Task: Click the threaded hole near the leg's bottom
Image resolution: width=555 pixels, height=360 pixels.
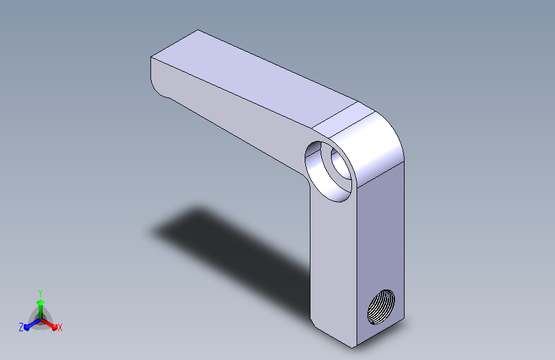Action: point(382,307)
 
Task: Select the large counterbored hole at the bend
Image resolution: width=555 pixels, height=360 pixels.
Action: point(329,172)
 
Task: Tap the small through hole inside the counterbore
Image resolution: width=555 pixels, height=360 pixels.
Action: point(341,163)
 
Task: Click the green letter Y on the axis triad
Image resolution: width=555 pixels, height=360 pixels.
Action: point(40,293)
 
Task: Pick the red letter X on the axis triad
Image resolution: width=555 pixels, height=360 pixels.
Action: point(60,327)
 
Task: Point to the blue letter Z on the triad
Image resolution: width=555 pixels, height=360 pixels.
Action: point(21,327)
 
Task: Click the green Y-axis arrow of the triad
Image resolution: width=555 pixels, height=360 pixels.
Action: point(41,309)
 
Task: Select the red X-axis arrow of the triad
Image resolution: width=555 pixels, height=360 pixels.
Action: point(49,324)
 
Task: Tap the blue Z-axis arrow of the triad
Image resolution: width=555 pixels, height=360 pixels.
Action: point(33,324)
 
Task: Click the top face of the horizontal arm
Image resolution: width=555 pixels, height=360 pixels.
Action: point(253,78)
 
